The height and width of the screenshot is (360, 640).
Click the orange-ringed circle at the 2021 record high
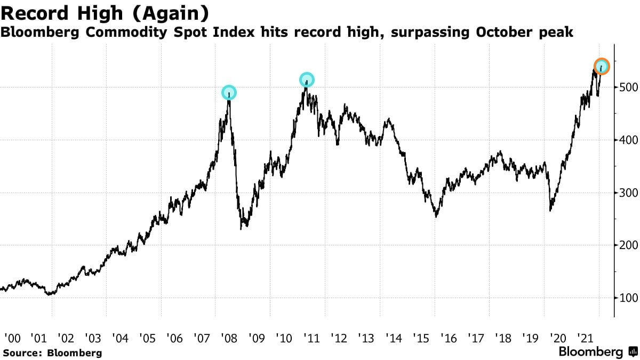pos(601,67)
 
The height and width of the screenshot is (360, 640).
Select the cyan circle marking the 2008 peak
pos(229,93)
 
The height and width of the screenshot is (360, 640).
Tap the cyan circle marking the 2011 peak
pos(307,80)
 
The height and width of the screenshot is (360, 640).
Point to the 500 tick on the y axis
pos(629,87)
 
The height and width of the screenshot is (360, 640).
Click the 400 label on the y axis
pos(629,140)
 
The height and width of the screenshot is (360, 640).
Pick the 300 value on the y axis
pos(629,193)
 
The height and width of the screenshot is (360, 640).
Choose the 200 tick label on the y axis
pos(629,245)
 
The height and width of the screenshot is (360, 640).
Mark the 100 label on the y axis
pos(629,298)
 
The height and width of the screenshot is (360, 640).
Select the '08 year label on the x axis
pos(229,338)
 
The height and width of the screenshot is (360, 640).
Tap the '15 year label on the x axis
pos(420,338)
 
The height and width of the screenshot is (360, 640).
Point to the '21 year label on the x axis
pos(584,338)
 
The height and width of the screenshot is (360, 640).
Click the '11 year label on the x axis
pos(311,338)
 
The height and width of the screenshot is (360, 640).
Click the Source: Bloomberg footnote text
pos(52,353)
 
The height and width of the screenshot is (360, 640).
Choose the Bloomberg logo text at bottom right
pos(590,352)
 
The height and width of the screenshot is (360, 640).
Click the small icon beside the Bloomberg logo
pos(633,352)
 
